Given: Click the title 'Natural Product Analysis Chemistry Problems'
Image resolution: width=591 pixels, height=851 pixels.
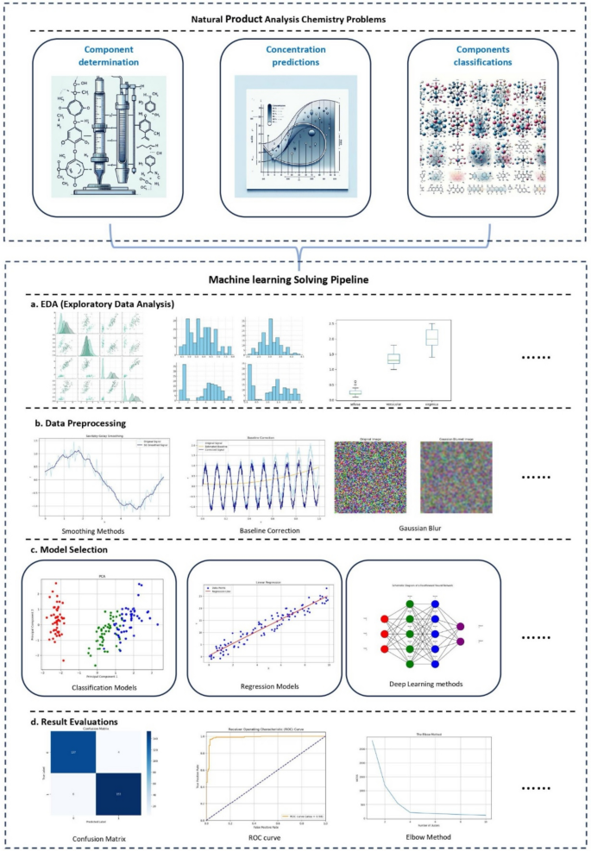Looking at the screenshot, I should [x=295, y=17].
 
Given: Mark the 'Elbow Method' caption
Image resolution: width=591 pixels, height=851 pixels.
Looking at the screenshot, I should [x=422, y=837].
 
